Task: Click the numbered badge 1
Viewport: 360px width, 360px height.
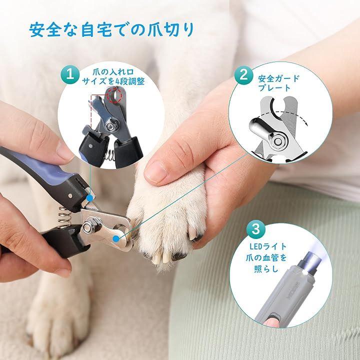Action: coord(70,75)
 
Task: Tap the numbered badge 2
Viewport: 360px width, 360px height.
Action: coord(243,75)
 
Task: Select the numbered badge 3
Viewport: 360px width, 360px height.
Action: coord(256,229)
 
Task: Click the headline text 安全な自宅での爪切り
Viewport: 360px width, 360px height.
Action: coord(111,29)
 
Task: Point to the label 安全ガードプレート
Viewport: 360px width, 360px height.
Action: coord(278,83)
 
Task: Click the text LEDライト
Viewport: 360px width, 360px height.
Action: coord(268,247)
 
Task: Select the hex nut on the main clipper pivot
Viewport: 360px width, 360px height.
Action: coord(88,226)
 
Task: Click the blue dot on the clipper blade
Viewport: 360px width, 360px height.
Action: coord(116,239)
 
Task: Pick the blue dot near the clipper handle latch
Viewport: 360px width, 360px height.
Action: coord(90,197)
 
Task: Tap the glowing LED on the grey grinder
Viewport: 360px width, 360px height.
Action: coord(305,272)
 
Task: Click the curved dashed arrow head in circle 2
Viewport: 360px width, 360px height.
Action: coord(306,124)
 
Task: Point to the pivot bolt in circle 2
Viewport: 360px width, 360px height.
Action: coord(278,140)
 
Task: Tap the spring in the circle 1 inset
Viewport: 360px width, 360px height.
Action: coord(109,155)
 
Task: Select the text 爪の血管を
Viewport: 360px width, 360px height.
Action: coord(266,257)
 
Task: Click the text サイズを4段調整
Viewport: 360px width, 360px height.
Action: coord(113,81)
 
